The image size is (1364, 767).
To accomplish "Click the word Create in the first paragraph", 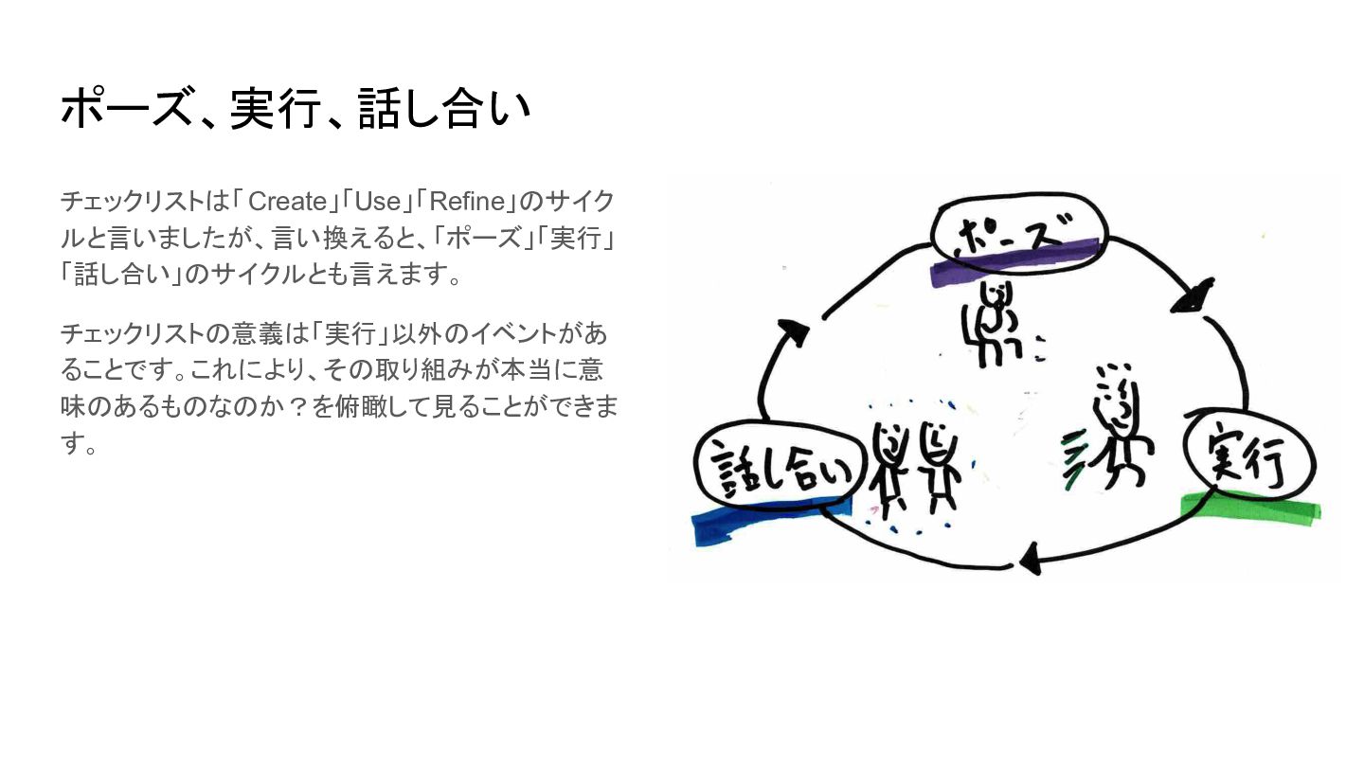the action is click(x=287, y=201).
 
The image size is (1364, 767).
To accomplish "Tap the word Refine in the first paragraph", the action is click(x=467, y=201).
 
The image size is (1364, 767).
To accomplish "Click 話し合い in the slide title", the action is click(x=444, y=109).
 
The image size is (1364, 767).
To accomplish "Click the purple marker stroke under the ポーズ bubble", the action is click(x=1014, y=262).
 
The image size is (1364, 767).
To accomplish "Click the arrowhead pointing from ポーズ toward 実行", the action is click(x=1194, y=296).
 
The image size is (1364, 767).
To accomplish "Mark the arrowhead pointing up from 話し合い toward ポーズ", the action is click(x=794, y=332).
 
